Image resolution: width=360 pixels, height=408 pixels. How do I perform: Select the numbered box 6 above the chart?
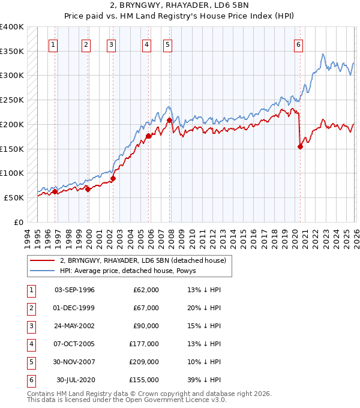pos(299,44)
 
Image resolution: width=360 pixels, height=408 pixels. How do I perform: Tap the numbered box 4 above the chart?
pos(146,44)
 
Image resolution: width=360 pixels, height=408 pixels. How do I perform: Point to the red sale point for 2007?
pos(169,120)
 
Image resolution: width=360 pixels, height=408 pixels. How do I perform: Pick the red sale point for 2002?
pos(113,178)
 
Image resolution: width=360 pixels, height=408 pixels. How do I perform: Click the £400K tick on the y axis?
pos(12,27)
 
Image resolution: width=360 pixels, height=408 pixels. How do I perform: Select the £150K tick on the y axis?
pos(12,149)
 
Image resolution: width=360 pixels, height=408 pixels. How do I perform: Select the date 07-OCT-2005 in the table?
pos(74,344)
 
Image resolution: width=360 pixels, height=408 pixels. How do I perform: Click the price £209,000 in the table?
pos(144,362)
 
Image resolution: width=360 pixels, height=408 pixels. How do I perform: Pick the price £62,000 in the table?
pos(146,290)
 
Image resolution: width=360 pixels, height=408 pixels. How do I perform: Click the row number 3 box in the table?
pos(30,326)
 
